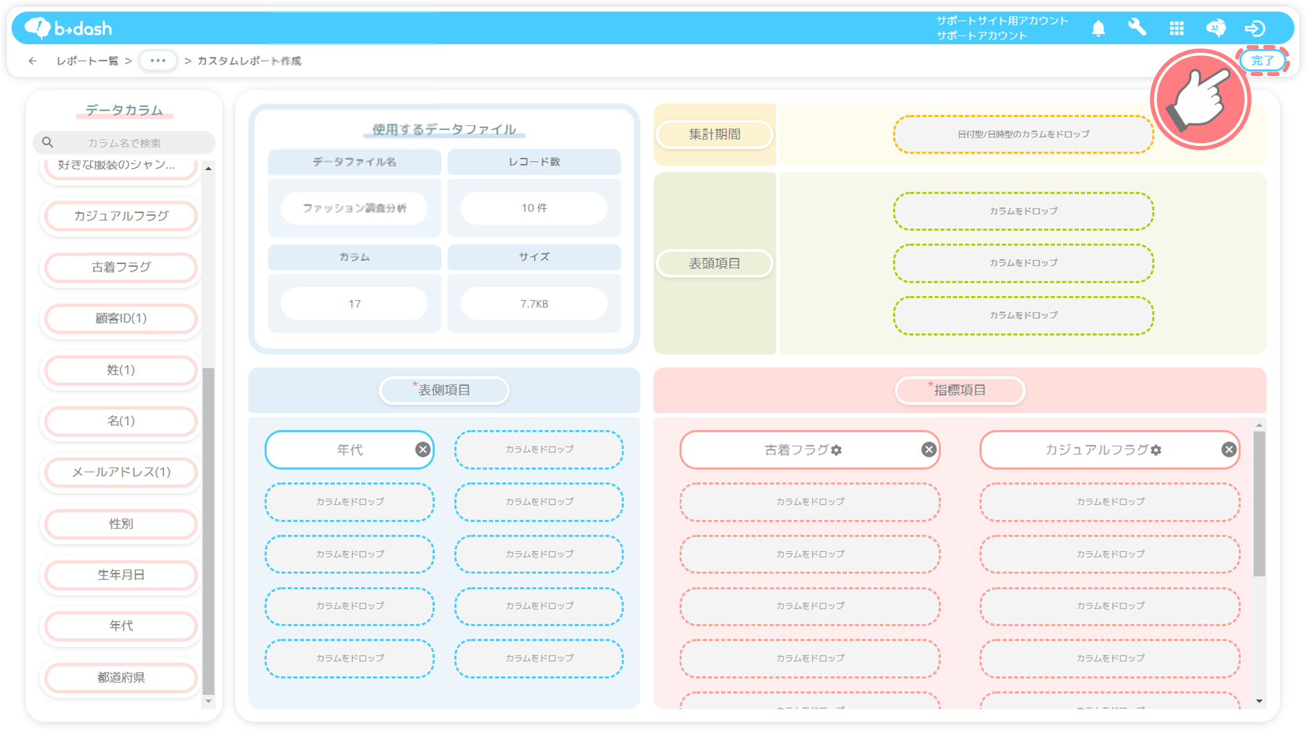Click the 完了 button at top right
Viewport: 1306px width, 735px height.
(1262, 61)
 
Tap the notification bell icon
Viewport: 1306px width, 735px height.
(1098, 28)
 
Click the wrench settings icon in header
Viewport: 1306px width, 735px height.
(1137, 28)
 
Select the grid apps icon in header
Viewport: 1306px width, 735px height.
(1176, 28)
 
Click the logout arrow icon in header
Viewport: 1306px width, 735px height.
(1255, 28)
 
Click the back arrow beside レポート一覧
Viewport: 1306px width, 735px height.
(32, 61)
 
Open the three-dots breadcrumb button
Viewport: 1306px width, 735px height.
(158, 61)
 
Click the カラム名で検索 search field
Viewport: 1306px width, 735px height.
(124, 142)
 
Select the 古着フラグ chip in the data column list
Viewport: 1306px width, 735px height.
(121, 267)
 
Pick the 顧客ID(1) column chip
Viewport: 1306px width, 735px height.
(121, 318)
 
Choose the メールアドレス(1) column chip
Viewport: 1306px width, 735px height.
(121, 472)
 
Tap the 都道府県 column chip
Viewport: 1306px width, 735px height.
(121, 678)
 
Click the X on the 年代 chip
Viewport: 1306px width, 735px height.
(423, 450)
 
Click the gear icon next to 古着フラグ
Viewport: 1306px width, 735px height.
(837, 450)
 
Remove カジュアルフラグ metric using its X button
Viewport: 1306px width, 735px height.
(1229, 450)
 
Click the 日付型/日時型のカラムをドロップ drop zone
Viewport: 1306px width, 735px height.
(1023, 134)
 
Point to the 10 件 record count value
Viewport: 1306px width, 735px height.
(534, 208)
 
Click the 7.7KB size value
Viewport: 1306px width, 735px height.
(534, 304)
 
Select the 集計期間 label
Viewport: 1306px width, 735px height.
(714, 135)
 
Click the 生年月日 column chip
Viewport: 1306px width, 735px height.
(121, 575)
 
